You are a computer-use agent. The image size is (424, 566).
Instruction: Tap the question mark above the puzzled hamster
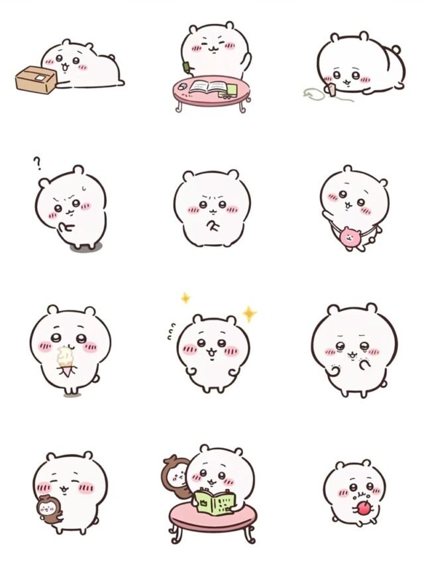pyautogui.click(x=38, y=161)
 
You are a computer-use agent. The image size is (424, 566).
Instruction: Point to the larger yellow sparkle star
pyautogui.click(x=249, y=313)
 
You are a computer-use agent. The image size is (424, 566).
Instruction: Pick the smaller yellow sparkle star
pyautogui.click(x=185, y=298)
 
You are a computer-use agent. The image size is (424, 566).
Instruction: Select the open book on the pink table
pyautogui.click(x=208, y=87)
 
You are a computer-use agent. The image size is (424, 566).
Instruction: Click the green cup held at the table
pyautogui.click(x=188, y=65)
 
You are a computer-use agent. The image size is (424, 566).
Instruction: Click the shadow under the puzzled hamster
pyautogui.click(x=82, y=248)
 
